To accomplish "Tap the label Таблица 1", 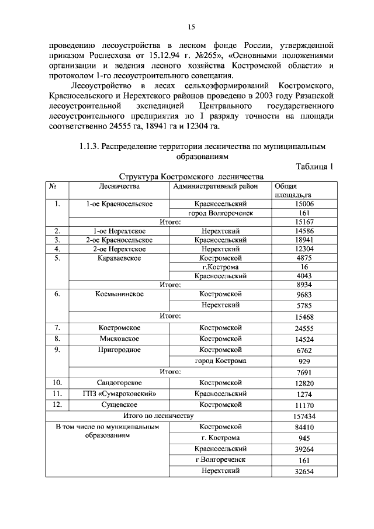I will pos(314,166).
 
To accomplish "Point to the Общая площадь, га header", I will pos(292,190).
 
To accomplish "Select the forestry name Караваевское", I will pos(119,257).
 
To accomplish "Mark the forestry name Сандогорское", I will pos(119,382).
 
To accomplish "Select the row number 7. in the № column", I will pos(57,328).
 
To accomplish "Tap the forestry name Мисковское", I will pos(119,338).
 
